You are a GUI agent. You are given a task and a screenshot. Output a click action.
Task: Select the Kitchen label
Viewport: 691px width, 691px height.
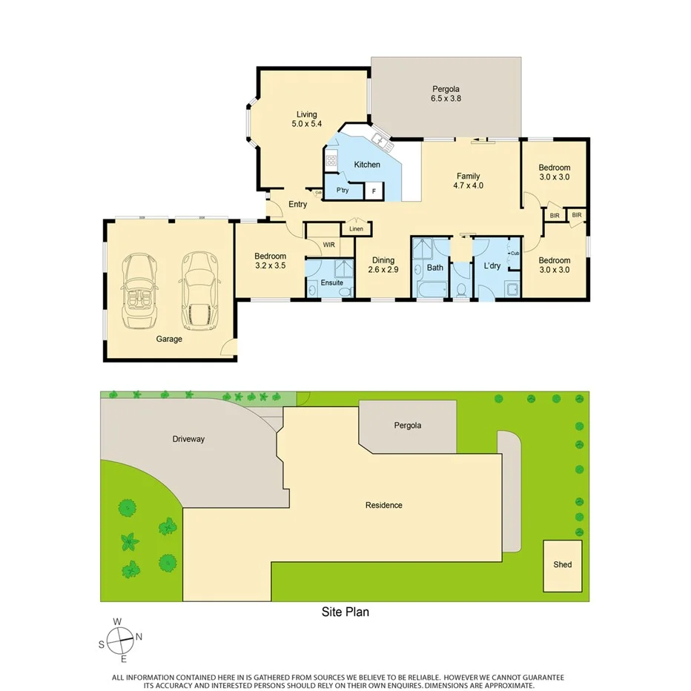(x=367, y=165)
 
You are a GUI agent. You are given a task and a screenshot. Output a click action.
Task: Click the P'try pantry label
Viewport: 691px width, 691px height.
(x=343, y=191)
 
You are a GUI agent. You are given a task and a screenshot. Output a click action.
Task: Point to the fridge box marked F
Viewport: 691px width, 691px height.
(x=374, y=191)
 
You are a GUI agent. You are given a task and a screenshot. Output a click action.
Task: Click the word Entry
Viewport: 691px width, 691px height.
(x=297, y=205)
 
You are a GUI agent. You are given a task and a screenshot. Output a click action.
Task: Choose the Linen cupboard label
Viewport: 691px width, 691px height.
(x=357, y=228)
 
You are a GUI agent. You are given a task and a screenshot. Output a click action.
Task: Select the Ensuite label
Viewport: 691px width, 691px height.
(x=331, y=282)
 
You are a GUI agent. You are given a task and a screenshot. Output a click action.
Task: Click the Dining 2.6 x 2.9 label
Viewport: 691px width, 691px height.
(x=383, y=265)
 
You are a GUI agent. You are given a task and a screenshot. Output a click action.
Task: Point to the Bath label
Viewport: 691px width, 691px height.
(x=435, y=268)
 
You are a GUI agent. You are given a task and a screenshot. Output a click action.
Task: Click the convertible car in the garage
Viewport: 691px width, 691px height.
(x=139, y=291)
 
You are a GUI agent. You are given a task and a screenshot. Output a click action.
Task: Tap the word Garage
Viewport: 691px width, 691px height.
(x=169, y=339)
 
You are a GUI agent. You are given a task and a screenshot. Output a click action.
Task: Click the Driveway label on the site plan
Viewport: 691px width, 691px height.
(x=188, y=439)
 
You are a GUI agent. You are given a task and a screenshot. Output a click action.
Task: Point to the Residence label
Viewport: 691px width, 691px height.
(x=384, y=506)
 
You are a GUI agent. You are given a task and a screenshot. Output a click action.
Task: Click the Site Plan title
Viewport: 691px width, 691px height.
(x=345, y=612)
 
